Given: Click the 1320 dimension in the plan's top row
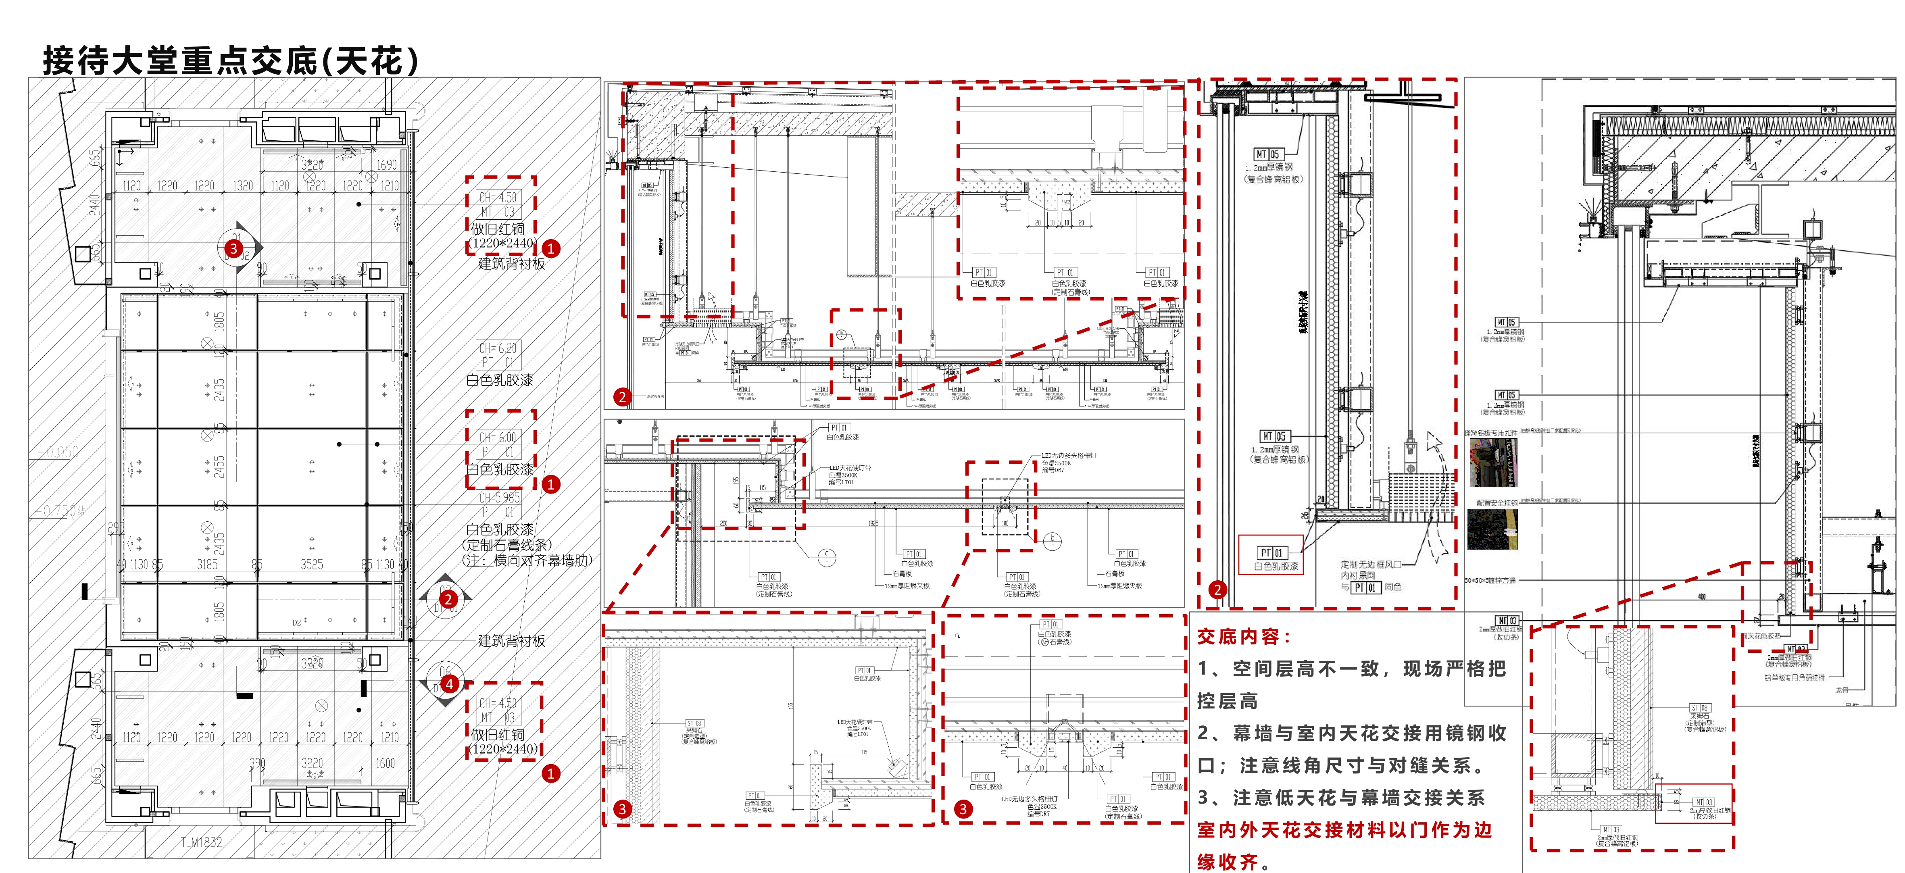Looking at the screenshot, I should pyautogui.click(x=243, y=185).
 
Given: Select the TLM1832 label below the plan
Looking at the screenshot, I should pyautogui.click(x=201, y=842).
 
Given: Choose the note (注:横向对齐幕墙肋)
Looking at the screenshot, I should pyautogui.click(x=527, y=560).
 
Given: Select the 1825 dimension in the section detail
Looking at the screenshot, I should pyautogui.click(x=873, y=523).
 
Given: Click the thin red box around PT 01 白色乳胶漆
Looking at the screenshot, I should pyautogui.click(x=1271, y=554).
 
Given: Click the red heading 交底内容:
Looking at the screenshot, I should pyautogui.click(x=1244, y=636).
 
